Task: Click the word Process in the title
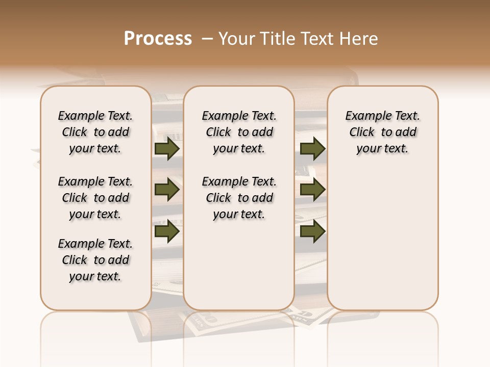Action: coord(158,39)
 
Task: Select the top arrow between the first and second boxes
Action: coord(167,149)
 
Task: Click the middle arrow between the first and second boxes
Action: coord(167,190)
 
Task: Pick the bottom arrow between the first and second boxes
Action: coord(167,231)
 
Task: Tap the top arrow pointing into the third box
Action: coord(312,149)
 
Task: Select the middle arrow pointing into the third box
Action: coord(312,190)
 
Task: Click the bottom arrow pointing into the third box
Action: coord(312,231)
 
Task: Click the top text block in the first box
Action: coord(95,132)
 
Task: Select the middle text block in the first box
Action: coord(95,198)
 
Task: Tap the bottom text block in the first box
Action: coord(95,260)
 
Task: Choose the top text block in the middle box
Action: coord(239,132)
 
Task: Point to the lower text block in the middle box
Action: coord(239,198)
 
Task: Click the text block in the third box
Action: coord(383,132)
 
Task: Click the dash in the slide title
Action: coord(207,39)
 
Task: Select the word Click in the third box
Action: coord(362,133)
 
